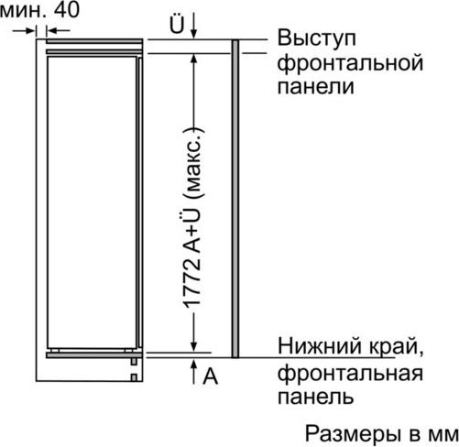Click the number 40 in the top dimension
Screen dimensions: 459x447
[x=67, y=10]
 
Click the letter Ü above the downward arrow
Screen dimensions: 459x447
[x=177, y=24]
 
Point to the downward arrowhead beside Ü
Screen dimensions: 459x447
[x=194, y=34]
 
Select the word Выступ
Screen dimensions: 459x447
[x=317, y=38]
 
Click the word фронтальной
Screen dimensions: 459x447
[x=350, y=63]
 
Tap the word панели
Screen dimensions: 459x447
[x=316, y=86]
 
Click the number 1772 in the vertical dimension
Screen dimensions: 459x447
[x=193, y=284]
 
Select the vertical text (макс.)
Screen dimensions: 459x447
[x=193, y=163]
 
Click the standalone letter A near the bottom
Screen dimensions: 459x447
[x=211, y=376]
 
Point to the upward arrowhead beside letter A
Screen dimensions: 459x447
[x=193, y=365]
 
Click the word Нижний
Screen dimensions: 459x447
[x=321, y=346]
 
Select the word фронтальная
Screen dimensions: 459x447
[x=350, y=373]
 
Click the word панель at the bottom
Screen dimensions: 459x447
[x=316, y=397]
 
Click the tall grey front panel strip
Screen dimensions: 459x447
[x=235, y=199]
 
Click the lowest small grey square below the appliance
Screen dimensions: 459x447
[x=134, y=377]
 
